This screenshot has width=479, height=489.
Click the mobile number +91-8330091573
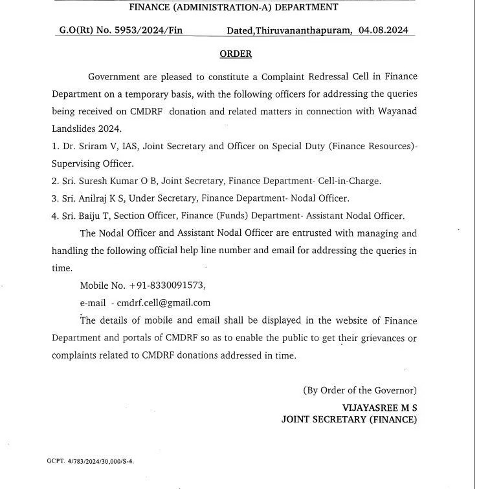click(x=172, y=285)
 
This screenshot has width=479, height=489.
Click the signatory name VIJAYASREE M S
click(x=379, y=408)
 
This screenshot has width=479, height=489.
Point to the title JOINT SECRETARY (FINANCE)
click(x=349, y=420)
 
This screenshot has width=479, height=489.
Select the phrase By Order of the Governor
click(x=359, y=390)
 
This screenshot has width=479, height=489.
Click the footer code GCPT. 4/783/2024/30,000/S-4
click(x=91, y=461)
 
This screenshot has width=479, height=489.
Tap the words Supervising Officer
click(x=93, y=164)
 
